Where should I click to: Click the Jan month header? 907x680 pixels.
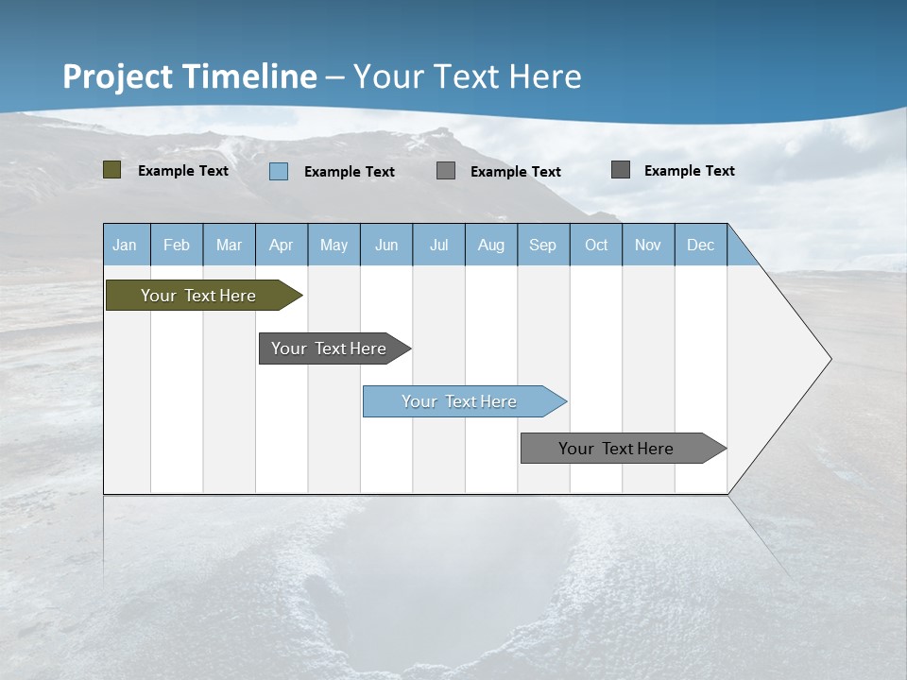click(x=126, y=246)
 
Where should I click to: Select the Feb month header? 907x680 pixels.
click(x=177, y=246)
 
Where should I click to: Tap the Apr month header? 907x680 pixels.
click(x=281, y=246)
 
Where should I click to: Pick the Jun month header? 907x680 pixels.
click(x=386, y=246)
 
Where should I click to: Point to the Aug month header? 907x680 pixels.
click(x=491, y=246)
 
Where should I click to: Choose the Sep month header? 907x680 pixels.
click(x=543, y=246)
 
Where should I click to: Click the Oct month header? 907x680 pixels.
click(x=596, y=246)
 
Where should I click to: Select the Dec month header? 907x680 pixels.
click(x=700, y=246)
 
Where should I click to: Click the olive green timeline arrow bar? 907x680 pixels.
click(x=198, y=296)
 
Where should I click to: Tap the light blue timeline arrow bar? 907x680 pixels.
click(x=460, y=401)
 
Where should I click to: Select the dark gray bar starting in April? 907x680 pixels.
click(x=329, y=348)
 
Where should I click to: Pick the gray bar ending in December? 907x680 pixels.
click(x=617, y=449)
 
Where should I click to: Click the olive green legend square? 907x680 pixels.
click(x=111, y=170)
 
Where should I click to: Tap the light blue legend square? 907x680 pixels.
click(x=279, y=171)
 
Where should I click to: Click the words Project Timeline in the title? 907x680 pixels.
click(x=189, y=76)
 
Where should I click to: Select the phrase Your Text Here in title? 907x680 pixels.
click(x=468, y=76)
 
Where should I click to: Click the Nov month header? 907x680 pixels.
click(x=648, y=246)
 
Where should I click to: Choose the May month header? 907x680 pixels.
click(x=334, y=246)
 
